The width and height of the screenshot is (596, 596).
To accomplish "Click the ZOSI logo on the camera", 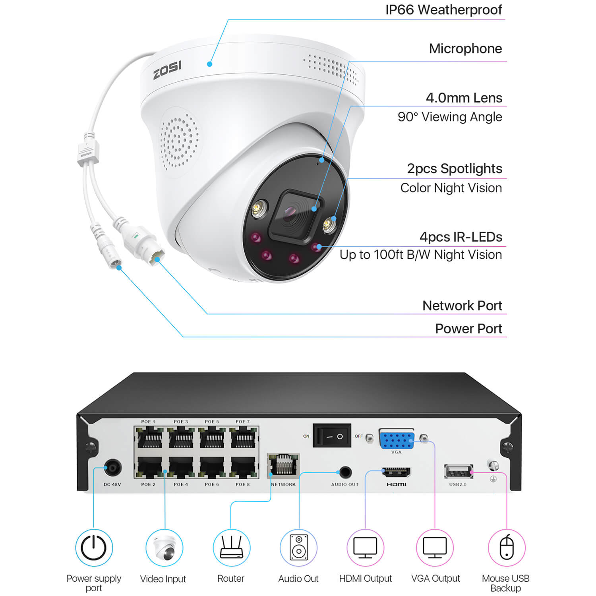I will (x=167, y=70).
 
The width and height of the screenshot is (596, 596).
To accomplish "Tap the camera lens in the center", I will (x=290, y=215).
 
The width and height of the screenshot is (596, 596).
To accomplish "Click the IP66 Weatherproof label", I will (x=443, y=10).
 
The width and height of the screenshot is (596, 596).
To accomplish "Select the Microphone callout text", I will (x=465, y=49).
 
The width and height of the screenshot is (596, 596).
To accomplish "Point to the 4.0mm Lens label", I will (x=464, y=98).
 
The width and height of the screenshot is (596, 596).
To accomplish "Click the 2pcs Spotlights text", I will (x=454, y=169).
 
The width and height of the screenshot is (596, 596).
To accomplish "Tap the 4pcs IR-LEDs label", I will (x=461, y=237).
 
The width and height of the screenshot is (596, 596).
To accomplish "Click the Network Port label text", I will (x=462, y=306).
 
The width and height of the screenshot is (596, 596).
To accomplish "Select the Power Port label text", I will (x=468, y=329).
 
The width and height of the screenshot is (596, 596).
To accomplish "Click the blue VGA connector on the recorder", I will (x=397, y=439).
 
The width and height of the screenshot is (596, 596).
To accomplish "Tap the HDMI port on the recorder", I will (x=396, y=472).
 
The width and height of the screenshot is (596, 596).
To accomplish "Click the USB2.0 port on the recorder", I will (x=458, y=472).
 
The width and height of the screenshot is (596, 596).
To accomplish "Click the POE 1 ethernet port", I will (x=150, y=438).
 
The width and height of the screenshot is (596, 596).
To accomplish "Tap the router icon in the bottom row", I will (x=231, y=548).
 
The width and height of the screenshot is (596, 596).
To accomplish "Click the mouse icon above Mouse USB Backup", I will (x=507, y=548).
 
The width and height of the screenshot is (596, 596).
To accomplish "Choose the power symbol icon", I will (x=94, y=548).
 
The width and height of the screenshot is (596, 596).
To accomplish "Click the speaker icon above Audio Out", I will (x=299, y=548).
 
